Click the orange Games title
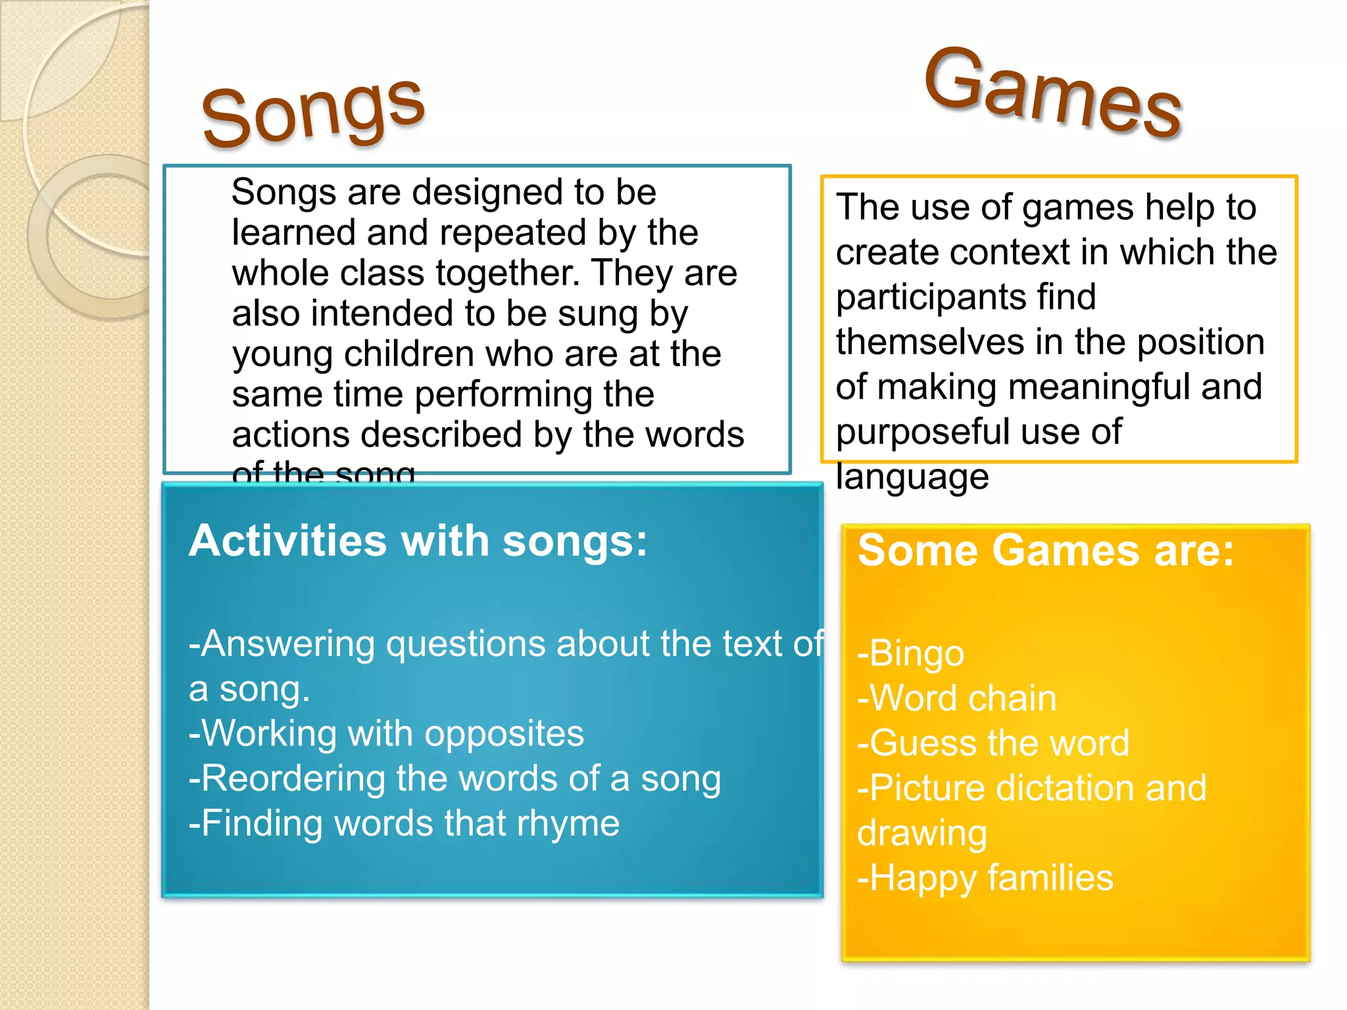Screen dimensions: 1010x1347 [1052, 92]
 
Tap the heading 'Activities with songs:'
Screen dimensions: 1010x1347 [418, 541]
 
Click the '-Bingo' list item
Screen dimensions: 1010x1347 [911, 653]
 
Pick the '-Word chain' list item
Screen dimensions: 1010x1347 [957, 698]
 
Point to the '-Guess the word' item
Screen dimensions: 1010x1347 [993, 743]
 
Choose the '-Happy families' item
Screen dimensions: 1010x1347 [985, 878]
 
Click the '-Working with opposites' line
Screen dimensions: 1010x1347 [386, 733]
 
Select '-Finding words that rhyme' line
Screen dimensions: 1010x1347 [404, 823]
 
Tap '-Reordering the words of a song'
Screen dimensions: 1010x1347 [454, 779]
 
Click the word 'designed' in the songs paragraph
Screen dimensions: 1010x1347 [489, 192]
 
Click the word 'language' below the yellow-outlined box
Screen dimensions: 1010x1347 [912, 477]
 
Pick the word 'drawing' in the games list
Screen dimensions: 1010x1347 [922, 833]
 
